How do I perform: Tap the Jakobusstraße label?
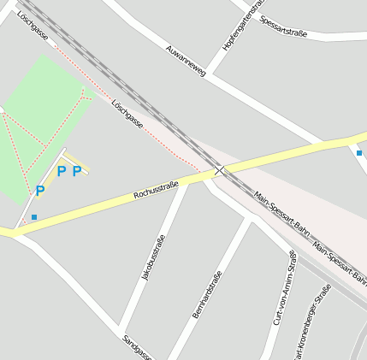[152, 257]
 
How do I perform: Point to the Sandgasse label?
[137, 345]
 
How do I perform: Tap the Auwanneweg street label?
[187, 61]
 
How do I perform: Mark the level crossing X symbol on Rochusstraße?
[220, 171]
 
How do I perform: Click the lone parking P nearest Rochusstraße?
[39, 191]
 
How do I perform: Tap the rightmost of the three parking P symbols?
[77, 171]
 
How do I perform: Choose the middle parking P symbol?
[61, 171]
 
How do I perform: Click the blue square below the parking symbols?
[34, 217]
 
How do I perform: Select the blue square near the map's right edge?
[359, 152]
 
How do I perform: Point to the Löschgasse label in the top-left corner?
[32, 27]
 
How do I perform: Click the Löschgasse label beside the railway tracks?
[127, 113]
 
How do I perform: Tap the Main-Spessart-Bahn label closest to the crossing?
[282, 215]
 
